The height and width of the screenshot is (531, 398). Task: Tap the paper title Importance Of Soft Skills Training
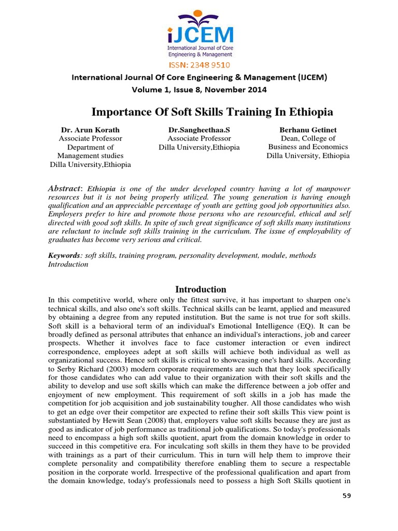212,112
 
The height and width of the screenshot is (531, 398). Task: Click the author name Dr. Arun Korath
90,130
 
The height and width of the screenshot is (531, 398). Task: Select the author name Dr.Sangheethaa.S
199,130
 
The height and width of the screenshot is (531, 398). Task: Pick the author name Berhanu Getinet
308,130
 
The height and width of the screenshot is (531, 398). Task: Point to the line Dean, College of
308,138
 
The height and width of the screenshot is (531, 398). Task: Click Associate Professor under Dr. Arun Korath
90,138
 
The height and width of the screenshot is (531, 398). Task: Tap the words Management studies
90,156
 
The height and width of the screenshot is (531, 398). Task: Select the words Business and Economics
308,147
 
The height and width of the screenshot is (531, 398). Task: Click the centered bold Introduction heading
201,289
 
